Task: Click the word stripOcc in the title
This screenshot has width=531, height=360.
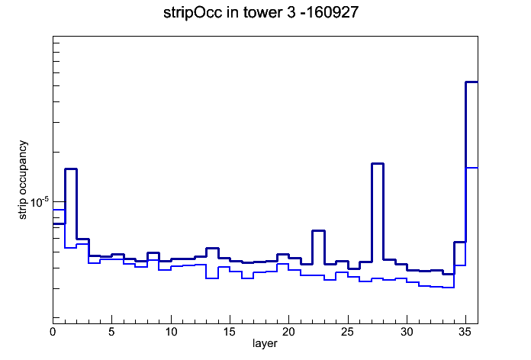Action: tap(193, 13)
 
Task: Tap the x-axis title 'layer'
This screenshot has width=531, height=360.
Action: tap(265, 343)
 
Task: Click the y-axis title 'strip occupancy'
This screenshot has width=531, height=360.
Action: tap(22, 180)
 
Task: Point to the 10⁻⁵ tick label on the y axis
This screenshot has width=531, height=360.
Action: tap(40, 202)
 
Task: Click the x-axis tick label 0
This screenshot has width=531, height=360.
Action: tap(53, 332)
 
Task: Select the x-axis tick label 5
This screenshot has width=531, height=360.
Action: tap(111, 332)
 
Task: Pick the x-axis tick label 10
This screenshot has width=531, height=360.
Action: tap(171, 332)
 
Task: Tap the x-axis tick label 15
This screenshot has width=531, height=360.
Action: tap(230, 332)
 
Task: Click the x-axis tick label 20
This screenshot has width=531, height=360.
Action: tap(288, 332)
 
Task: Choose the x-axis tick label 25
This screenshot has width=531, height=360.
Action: tap(347, 332)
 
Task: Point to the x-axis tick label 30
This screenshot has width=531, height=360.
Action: tap(407, 332)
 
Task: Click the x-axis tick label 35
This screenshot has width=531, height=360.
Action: tap(465, 332)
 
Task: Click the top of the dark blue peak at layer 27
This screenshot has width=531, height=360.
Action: tap(378, 163)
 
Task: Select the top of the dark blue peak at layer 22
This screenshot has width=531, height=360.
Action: tap(318, 230)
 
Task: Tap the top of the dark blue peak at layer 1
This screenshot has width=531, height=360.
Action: tap(71, 169)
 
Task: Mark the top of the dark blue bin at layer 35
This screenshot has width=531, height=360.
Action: tap(471, 82)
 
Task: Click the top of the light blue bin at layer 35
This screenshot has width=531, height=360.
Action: tap(471, 168)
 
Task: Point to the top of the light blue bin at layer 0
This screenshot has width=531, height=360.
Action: tap(59, 210)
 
